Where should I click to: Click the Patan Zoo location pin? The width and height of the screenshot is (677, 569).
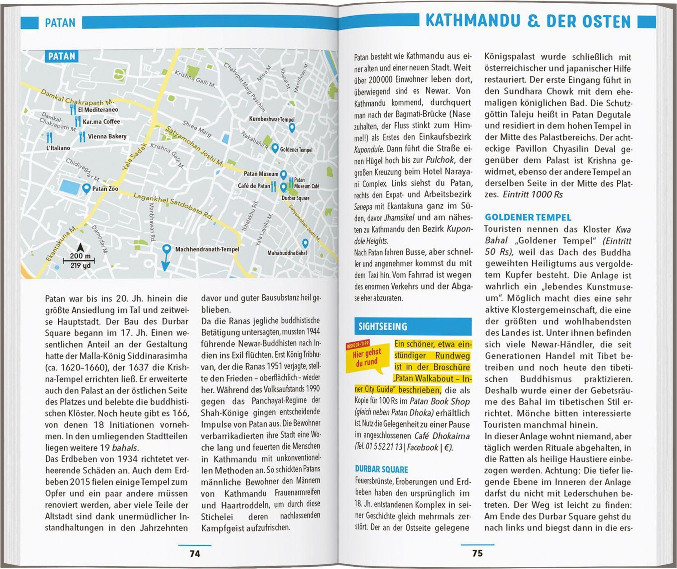pos(86,188)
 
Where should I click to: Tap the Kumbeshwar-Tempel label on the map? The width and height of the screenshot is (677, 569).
pos(272,119)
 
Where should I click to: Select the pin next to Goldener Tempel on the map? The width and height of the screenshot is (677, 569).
pos(275,148)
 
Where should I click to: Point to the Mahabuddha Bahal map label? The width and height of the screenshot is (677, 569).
pos(287,253)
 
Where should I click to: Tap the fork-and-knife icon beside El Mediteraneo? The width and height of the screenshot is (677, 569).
pos(73,110)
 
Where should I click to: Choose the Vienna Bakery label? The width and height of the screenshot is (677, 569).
pos(107,136)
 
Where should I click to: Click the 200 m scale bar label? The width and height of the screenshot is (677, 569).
pos(80,256)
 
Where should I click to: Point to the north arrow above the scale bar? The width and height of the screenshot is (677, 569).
pos(80,247)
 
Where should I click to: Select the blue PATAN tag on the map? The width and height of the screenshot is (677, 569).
pos(61,56)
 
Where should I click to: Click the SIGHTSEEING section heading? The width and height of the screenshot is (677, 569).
pos(383,327)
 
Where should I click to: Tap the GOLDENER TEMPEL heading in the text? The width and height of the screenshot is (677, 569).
pos(528,217)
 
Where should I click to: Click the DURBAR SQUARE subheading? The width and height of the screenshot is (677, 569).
pos(381,469)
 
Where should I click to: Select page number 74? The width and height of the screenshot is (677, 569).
pos(195,553)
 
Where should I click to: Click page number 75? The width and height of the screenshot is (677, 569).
pos(477,553)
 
